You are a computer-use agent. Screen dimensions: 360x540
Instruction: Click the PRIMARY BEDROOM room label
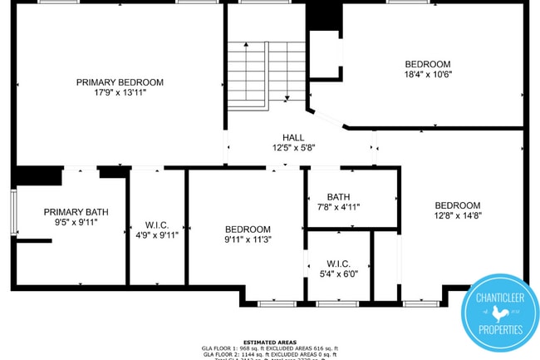point(120,82)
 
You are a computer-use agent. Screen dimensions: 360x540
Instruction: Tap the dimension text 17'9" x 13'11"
point(120,93)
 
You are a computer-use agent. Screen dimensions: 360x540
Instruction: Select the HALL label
point(293,137)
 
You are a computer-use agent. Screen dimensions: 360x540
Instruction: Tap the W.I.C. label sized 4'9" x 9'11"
point(157,224)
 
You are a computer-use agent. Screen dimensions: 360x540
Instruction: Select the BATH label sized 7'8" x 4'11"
point(338,197)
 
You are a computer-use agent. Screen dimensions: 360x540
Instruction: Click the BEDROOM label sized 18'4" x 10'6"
point(428,64)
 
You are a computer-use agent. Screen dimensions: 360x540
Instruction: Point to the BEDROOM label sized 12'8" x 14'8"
point(458,205)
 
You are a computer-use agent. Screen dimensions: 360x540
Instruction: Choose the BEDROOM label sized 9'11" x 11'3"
point(248,229)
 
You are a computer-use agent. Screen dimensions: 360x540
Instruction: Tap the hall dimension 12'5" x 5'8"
point(293,148)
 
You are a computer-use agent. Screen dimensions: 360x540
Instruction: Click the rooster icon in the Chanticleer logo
point(499,313)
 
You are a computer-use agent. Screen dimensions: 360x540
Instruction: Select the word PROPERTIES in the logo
point(500,330)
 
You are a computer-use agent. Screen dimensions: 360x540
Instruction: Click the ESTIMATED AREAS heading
point(270,342)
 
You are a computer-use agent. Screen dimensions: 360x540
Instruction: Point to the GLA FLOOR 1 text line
point(270,348)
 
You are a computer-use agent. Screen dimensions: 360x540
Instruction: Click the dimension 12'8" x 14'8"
point(458,216)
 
